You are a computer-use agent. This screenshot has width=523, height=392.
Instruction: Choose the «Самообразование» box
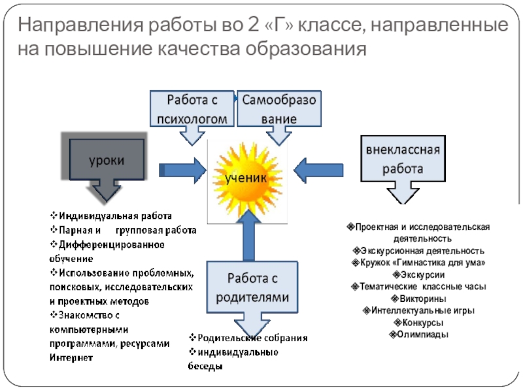click(279, 108)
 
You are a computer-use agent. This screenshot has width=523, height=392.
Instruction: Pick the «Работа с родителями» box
click(248, 287)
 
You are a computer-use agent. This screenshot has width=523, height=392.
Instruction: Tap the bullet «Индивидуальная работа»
click(114, 216)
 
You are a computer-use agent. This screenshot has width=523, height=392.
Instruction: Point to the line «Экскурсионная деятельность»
click(418, 251)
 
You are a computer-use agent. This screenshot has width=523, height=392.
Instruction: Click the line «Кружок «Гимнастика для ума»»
click(418, 263)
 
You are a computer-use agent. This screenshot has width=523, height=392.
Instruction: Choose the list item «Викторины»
click(418, 299)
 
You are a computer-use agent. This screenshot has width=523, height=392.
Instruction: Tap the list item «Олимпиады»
click(418, 335)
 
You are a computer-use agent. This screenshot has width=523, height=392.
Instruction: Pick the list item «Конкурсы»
click(418, 323)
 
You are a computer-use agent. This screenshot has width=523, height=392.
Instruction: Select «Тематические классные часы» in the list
click(418, 287)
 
